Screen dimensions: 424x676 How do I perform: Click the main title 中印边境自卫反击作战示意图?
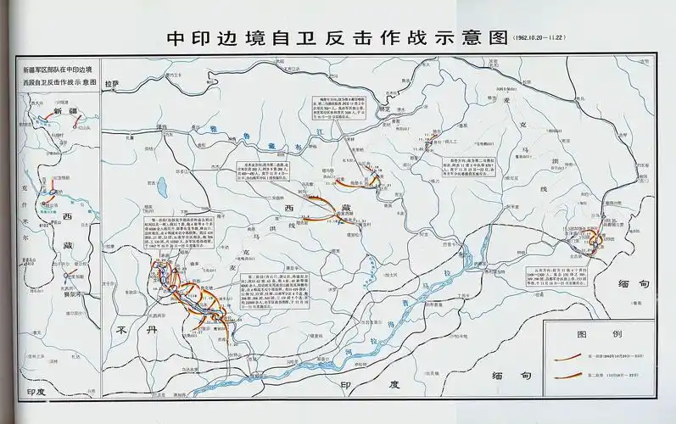coord(331,39)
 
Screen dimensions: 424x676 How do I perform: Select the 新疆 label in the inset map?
coord(64,111)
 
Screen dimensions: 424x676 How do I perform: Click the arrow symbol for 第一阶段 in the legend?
coord(569,356)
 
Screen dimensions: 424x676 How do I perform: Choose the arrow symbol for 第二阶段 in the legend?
coord(569,375)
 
